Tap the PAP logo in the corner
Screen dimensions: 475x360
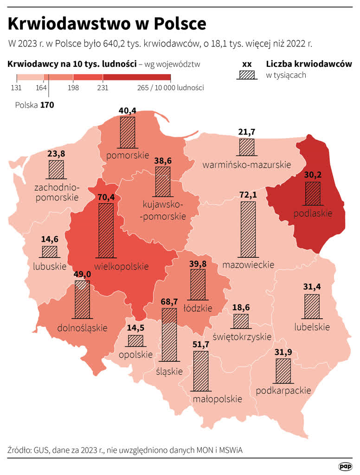click(345, 466)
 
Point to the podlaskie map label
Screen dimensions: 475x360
click(313, 213)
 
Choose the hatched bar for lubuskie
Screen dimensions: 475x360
click(50, 251)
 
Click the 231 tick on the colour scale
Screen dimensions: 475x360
click(103, 87)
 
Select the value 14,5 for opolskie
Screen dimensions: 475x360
click(136, 328)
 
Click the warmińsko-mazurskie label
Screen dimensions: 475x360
click(246, 165)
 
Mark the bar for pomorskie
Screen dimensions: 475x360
click(127, 132)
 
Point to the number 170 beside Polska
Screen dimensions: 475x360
click(47, 105)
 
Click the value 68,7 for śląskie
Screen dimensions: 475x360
click(168, 302)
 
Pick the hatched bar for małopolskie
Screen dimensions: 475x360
click(200, 372)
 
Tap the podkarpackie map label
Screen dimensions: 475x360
click(283, 390)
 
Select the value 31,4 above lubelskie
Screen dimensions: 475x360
click(312, 287)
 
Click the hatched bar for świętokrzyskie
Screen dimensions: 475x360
click(241, 321)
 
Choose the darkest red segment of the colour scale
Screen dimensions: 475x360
click(137, 77)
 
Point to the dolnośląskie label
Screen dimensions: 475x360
click(82, 328)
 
